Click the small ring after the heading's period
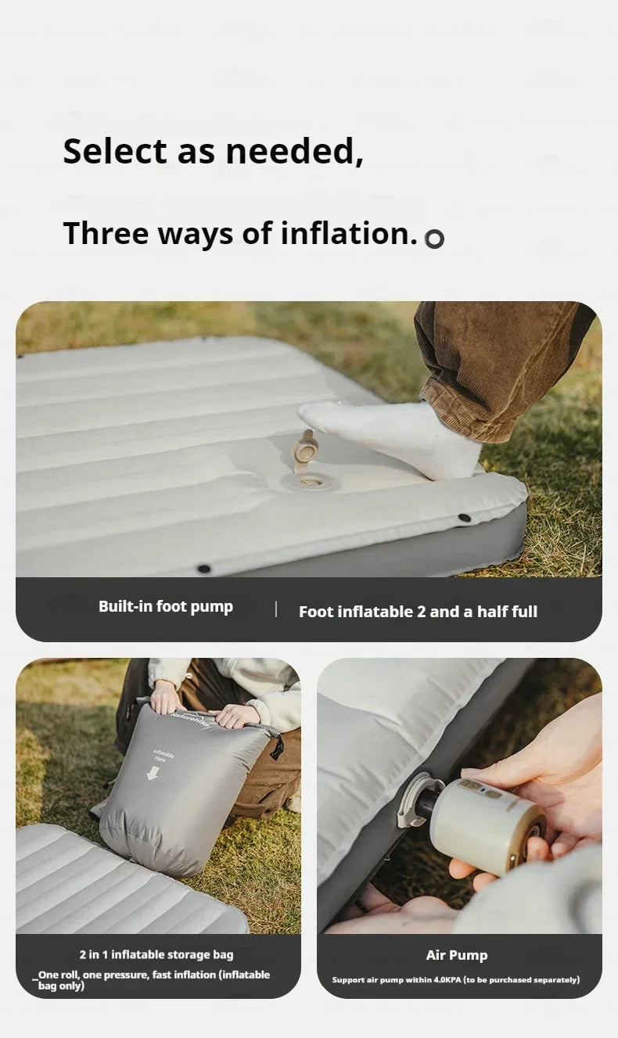(x=435, y=239)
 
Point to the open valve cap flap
(x=304, y=449)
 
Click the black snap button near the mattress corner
(x=464, y=517)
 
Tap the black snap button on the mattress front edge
(x=204, y=568)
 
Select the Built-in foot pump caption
(x=166, y=607)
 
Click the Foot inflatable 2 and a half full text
(x=418, y=612)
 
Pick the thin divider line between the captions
(x=276, y=609)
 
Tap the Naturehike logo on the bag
(x=190, y=719)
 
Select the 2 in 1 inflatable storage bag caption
(x=156, y=954)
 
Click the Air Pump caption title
(x=457, y=955)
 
